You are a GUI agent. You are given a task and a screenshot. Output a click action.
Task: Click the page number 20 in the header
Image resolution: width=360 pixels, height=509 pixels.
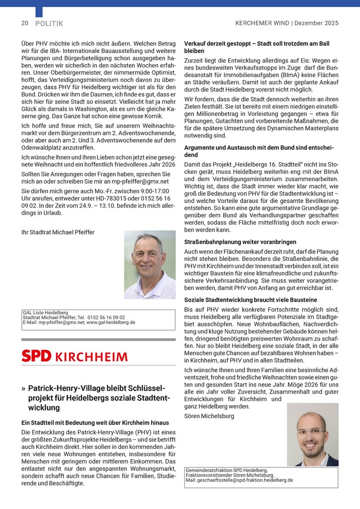[x=24, y=23]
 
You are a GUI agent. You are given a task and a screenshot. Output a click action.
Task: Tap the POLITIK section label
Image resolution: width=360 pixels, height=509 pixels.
[x=49, y=23]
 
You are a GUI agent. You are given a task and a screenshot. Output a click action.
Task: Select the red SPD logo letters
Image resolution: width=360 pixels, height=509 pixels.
[x=36, y=356]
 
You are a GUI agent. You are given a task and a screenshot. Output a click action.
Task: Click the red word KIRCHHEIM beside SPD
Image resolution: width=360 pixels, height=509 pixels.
[x=91, y=357]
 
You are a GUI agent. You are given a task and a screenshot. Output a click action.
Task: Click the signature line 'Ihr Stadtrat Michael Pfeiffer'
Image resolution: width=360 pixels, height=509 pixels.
[x=58, y=232]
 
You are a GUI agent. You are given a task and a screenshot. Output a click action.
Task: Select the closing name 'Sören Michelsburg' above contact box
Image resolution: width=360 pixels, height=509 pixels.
[x=209, y=416]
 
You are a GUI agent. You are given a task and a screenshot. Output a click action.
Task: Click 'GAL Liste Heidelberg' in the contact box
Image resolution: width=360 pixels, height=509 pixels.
[x=45, y=313]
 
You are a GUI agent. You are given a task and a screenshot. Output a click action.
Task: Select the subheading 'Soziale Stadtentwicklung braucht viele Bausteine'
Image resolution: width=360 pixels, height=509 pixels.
[x=250, y=300]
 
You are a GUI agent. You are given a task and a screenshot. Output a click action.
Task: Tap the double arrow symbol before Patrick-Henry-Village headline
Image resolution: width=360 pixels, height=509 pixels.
[x=24, y=388]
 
